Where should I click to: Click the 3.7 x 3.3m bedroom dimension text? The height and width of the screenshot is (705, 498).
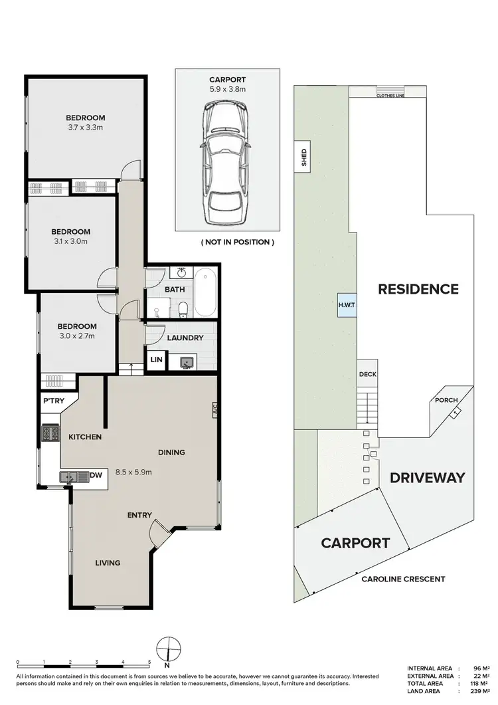pos(85,128)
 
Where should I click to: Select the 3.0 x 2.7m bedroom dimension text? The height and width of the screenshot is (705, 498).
pos(76,336)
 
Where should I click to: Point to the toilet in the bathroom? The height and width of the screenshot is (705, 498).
pos(182,309)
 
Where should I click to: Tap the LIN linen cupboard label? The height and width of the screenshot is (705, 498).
pos(157,359)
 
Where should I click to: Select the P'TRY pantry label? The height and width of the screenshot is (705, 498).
pos(52,402)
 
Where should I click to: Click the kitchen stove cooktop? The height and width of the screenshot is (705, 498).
pos(51,434)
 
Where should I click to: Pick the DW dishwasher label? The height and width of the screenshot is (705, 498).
pos(95,475)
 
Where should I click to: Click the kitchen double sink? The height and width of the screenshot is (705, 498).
pos(72,476)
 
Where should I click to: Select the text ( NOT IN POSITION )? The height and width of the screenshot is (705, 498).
pos(237,243)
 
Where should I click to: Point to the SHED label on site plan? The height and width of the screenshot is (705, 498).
pos(304,157)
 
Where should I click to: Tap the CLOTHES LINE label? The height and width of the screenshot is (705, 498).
pos(390,96)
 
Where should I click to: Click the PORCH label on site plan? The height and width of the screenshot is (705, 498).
pos(445,401)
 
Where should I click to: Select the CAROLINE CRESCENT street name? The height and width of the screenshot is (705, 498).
pos(403,579)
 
